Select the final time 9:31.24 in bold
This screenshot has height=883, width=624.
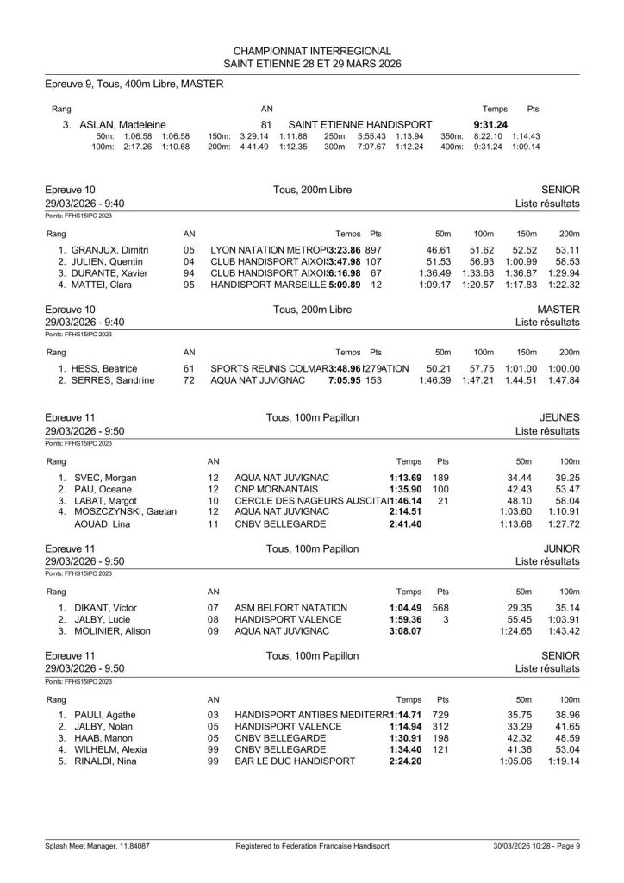click(x=490, y=123)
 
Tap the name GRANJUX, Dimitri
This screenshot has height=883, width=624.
click(x=113, y=249)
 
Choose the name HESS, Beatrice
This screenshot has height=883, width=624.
click(x=106, y=368)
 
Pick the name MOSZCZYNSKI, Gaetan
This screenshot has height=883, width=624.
click(x=126, y=513)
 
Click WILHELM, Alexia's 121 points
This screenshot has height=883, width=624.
click(x=442, y=751)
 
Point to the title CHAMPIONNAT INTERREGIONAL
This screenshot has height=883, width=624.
click(x=311, y=51)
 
